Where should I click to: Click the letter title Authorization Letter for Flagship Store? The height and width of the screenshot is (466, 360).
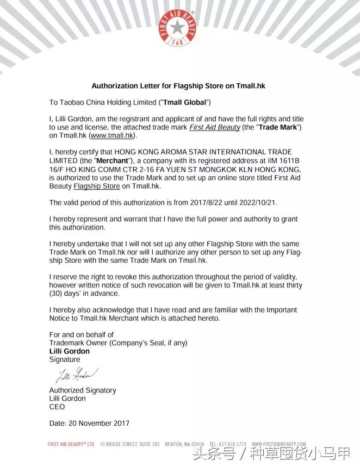coord(178,86)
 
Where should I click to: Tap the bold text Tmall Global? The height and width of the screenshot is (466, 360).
coord(185,102)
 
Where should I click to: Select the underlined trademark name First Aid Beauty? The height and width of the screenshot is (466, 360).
coord(214,127)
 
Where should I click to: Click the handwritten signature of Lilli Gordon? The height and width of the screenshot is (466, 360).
coord(76,374)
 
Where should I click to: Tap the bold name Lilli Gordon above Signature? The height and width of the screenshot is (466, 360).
coord(69,351)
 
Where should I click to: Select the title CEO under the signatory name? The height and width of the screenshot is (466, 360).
coord(57,407)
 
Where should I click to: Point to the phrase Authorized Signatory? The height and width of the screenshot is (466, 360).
coord(82,390)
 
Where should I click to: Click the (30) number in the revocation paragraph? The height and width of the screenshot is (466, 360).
coord(57,294)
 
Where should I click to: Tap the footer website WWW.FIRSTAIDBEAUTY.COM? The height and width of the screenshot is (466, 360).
coord(279,444)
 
